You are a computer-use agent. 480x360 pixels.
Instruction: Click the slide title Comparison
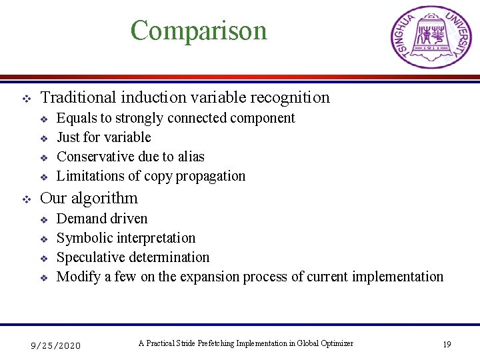pyautogui.click(x=199, y=31)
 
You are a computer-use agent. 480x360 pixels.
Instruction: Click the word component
pyautogui.click(x=262, y=118)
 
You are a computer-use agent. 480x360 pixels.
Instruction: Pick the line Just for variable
pyautogui.click(x=103, y=137)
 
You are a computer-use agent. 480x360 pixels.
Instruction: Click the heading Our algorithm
pyautogui.click(x=89, y=198)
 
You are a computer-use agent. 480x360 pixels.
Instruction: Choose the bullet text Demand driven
pyautogui.click(x=102, y=219)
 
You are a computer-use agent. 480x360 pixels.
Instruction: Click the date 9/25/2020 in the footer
pyautogui.click(x=57, y=345)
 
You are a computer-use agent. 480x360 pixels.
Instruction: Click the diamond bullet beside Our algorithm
pyautogui.click(x=27, y=199)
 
